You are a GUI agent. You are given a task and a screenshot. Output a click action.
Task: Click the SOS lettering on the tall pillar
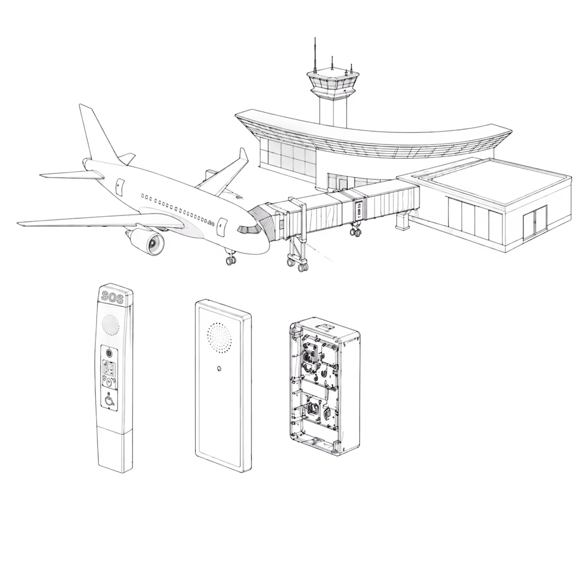112,298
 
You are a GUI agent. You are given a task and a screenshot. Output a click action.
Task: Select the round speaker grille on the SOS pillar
111,325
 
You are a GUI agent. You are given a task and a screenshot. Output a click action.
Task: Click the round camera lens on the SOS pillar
109,352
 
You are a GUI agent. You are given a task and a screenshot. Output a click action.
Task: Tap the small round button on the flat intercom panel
219,369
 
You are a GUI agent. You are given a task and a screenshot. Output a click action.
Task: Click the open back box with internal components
325,389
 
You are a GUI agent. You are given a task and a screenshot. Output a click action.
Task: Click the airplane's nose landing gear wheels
231,260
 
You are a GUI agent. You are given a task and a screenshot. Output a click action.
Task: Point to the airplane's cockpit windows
249,230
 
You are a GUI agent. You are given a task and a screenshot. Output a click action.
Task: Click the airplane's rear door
119,187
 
